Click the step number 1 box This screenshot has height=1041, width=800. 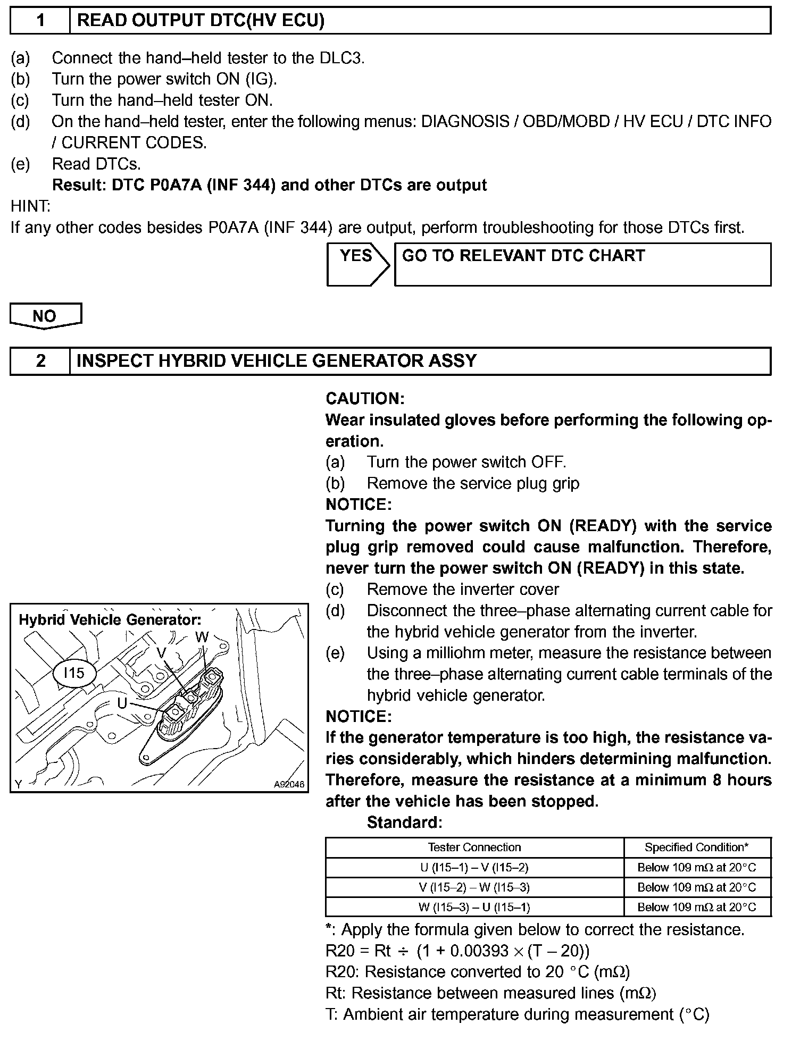pyautogui.click(x=40, y=21)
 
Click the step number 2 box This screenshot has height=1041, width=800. pyautogui.click(x=40, y=361)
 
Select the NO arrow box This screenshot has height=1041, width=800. pyautogui.click(x=45, y=316)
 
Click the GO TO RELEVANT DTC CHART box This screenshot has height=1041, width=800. pyautogui.click(x=582, y=264)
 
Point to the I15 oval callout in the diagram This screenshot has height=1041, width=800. pyautogui.click(x=74, y=673)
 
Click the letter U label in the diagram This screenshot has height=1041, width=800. pyautogui.click(x=122, y=703)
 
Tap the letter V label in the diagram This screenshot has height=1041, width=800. pyautogui.click(x=162, y=653)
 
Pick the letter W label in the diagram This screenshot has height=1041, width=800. pyautogui.click(x=202, y=637)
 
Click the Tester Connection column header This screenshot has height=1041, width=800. pyautogui.click(x=474, y=847)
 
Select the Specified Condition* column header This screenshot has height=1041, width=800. pyautogui.click(x=696, y=847)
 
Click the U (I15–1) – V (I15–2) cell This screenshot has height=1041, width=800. pyautogui.click(x=474, y=867)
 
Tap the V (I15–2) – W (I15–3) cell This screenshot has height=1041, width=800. pyautogui.click(x=474, y=887)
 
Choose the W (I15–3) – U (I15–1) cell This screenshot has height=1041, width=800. pyautogui.click(x=474, y=907)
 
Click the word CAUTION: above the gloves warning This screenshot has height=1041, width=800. pyautogui.click(x=365, y=399)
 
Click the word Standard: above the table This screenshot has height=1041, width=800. pyautogui.click(x=404, y=822)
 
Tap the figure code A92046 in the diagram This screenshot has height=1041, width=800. pyautogui.click(x=289, y=784)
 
